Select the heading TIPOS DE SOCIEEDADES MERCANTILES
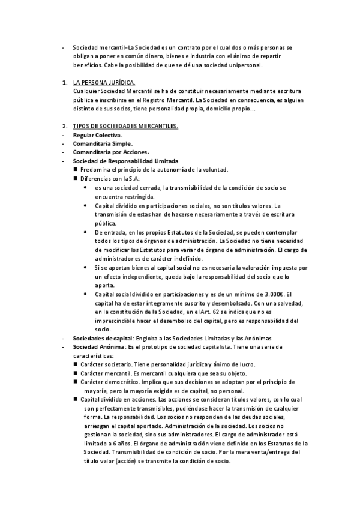[x=125, y=127]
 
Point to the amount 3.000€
[x=272, y=294]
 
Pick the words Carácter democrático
[x=107, y=382]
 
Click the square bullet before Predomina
[x=76, y=170]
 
